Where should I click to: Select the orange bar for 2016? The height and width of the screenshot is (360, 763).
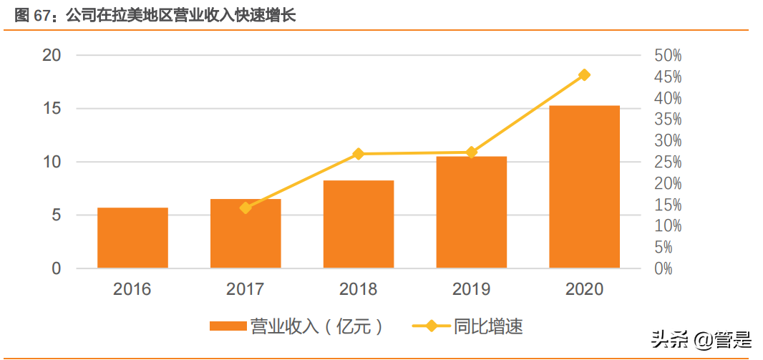(x=132, y=238)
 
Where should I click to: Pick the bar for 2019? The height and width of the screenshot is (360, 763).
(x=472, y=213)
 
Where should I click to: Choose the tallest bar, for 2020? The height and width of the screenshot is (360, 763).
(x=584, y=187)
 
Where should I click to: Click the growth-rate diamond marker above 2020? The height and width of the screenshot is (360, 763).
(x=584, y=75)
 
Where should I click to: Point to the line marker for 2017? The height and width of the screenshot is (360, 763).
(x=246, y=208)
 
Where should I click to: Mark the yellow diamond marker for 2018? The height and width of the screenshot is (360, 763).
(x=359, y=154)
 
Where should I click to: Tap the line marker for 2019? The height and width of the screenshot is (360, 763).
(x=472, y=152)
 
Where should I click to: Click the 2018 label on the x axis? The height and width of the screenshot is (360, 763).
(x=359, y=289)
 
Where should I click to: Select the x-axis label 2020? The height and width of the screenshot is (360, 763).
(x=584, y=289)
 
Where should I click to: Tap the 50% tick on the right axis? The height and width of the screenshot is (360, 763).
(x=667, y=55)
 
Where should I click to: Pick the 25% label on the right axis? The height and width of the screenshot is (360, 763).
(x=667, y=162)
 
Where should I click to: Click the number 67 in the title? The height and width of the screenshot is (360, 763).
(x=43, y=15)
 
